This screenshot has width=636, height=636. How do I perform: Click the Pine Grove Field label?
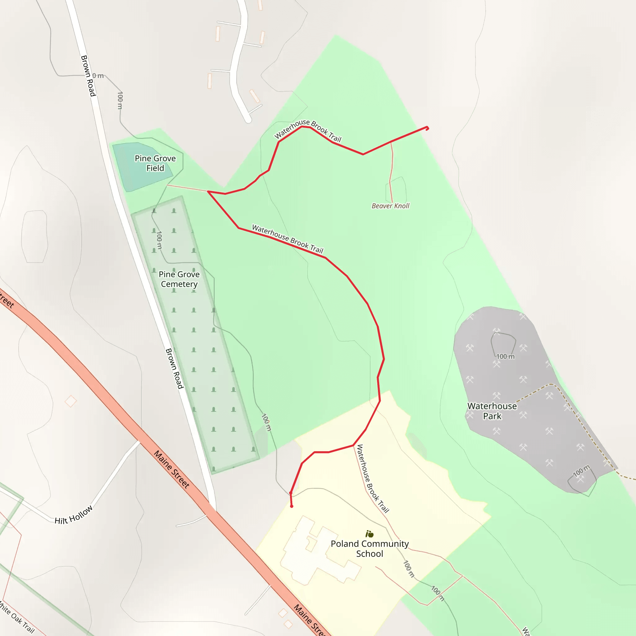pyautogui.click(x=155, y=163)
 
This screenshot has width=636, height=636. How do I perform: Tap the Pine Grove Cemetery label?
pyautogui.click(x=179, y=279)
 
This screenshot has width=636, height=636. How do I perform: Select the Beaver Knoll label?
pyautogui.click(x=390, y=206)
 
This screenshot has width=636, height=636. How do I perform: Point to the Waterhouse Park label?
pyautogui.click(x=492, y=411)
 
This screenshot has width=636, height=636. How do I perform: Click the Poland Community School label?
pyautogui.click(x=370, y=549)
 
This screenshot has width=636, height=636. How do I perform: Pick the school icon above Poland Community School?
pyautogui.click(x=370, y=534)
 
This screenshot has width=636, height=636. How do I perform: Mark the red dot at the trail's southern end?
pyautogui.click(x=292, y=506)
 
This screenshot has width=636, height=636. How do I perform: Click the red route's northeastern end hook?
pyautogui.click(x=427, y=128)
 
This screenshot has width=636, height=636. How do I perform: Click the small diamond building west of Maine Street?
pyautogui.click(x=71, y=401)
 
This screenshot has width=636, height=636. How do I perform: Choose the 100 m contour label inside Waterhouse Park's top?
pyautogui.click(x=505, y=357)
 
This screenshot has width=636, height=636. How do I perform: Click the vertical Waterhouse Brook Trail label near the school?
pyautogui.click(x=373, y=479)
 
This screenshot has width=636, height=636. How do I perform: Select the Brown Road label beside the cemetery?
pyautogui.click(x=174, y=369)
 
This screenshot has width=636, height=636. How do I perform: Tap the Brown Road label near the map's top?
pyautogui.click(x=88, y=76)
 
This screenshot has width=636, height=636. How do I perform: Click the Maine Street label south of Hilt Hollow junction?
pyautogui.click(x=172, y=470)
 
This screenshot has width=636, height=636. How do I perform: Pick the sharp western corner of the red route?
pyautogui.click(x=208, y=191)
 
